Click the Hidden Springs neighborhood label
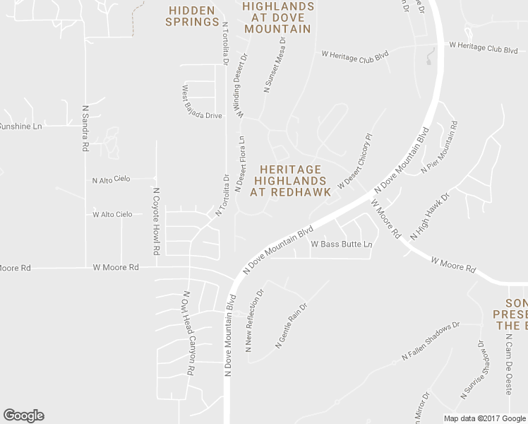[x=192, y=16]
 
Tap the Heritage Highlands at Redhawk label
[x=290, y=181]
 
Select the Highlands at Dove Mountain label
[x=277, y=18]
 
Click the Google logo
[x=23, y=416]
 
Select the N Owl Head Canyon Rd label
[x=189, y=332]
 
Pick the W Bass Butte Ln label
[x=342, y=245]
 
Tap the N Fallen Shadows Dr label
[x=430, y=341]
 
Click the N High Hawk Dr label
[x=429, y=216]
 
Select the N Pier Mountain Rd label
[x=439, y=147]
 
